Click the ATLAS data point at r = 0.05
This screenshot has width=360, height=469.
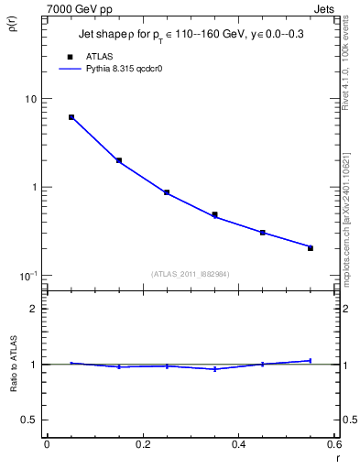click(71, 117)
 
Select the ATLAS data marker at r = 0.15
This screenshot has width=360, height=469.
click(119, 160)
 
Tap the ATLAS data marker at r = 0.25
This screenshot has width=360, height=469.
click(167, 192)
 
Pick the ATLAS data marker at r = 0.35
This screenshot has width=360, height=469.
click(215, 214)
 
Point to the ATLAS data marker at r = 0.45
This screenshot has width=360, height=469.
click(263, 233)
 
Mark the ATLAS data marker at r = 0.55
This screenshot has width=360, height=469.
click(311, 248)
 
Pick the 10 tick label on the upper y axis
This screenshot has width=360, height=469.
click(30, 99)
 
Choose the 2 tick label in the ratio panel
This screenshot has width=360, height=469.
click(33, 310)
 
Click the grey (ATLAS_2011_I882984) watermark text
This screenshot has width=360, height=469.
click(190, 273)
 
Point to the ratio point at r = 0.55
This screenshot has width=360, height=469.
click(311, 361)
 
